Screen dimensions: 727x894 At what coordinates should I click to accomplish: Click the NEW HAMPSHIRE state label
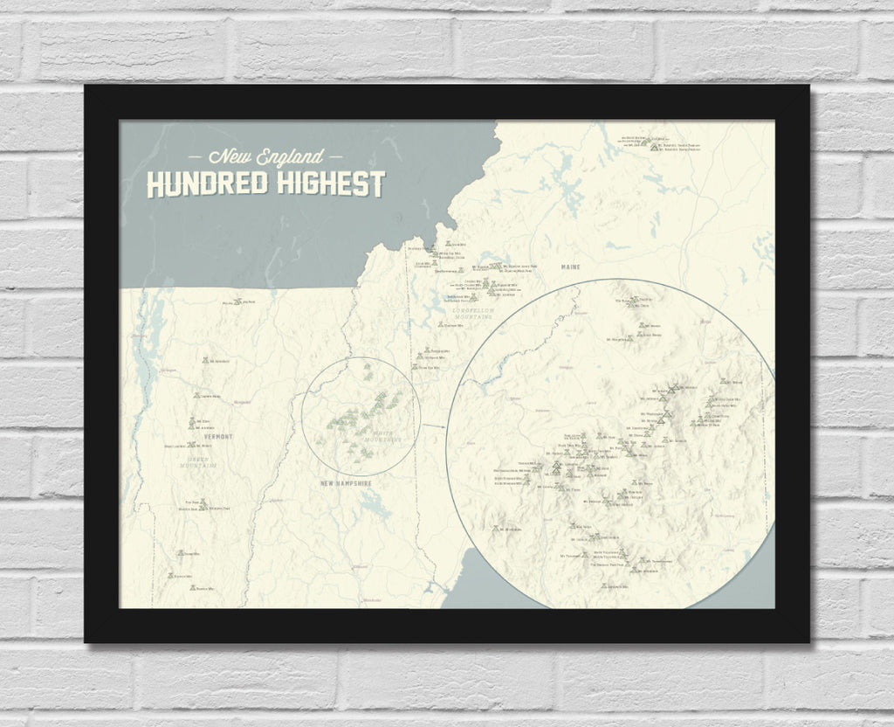pyautogui.click(x=346, y=483)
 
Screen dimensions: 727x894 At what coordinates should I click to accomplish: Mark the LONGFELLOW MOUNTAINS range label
pyautogui.click(x=470, y=312)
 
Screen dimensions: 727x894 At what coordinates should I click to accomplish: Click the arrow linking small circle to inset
pyautogui.click(x=434, y=426)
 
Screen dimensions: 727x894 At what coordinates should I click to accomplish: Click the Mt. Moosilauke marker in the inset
pyautogui.click(x=497, y=528)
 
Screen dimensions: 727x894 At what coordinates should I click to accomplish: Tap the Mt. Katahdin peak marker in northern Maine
pyautogui.click(x=651, y=143)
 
